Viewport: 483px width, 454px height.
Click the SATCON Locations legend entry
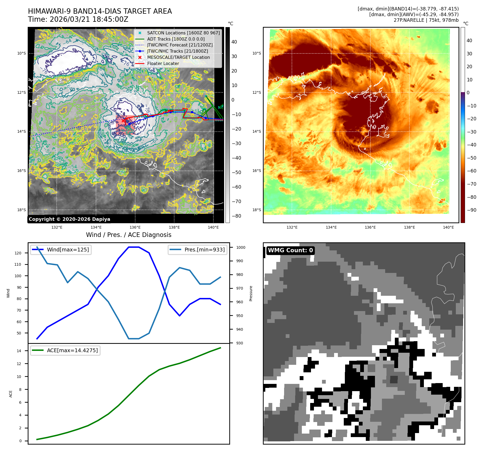[183, 33]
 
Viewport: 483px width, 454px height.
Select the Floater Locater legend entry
[163, 63]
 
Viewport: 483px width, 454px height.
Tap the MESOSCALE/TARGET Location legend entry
[178, 57]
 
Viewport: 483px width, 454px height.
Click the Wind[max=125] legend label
[68, 250]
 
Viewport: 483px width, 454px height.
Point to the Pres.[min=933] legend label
[204, 250]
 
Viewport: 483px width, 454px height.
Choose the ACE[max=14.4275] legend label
[72, 350]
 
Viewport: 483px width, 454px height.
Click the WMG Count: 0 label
[290, 250]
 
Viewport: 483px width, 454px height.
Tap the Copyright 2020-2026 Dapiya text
[69, 219]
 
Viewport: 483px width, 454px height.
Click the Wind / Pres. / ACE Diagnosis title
[128, 235]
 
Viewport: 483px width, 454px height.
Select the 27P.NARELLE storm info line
[426, 20]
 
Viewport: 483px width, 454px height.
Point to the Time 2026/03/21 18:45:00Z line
[78, 19]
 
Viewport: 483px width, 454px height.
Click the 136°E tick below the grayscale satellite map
[135, 227]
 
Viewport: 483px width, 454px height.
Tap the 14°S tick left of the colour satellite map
[256, 131]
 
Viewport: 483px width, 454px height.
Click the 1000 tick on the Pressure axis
[241, 247]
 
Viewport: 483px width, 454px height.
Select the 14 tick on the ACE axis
[19, 351]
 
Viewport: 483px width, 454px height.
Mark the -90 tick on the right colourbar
[471, 210]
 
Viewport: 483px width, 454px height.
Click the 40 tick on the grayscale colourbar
[234, 42]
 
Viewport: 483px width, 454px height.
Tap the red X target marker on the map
[123, 121]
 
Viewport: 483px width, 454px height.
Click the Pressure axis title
[251, 293]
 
